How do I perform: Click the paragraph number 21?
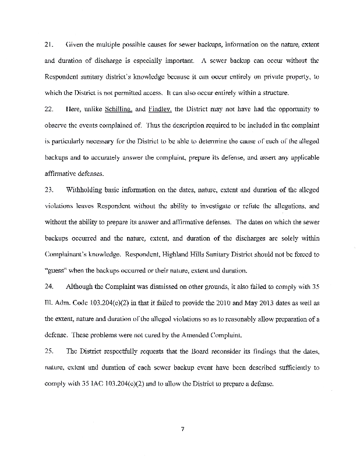(48, 44)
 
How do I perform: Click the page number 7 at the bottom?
(182, 430)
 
